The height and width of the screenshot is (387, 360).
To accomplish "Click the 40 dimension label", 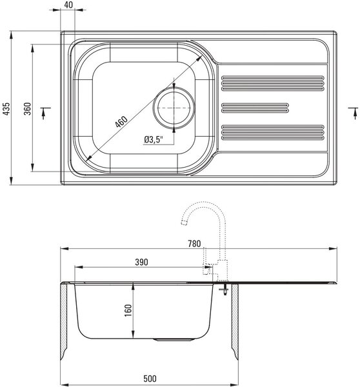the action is coord(68,5).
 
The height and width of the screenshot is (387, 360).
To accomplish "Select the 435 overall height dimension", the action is coord(6,108).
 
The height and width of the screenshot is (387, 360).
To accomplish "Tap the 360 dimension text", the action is coord(27,108).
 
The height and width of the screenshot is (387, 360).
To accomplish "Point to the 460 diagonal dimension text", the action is coord(121,121).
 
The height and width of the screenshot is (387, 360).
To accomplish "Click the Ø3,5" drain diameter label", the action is coord(154,139).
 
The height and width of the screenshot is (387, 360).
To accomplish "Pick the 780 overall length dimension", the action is coord(194,244).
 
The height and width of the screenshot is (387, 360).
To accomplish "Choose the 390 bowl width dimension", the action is coord(141,262).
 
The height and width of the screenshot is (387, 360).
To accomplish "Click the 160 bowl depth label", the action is coord(128,310).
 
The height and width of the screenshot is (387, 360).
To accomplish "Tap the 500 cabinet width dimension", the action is coord(150,379).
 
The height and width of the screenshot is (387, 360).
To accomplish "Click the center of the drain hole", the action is coord(174,108).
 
